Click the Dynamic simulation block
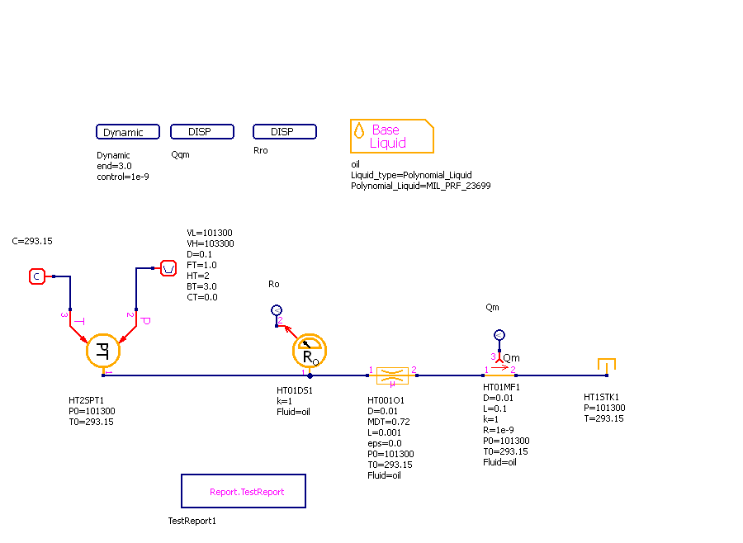pos(123,132)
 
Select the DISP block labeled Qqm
pos(202,132)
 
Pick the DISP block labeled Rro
pos(285,132)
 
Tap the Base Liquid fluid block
pos(391,136)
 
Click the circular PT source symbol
pos(103,351)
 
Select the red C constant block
pos(36,276)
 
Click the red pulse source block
pos(168,268)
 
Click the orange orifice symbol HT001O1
pos(392,375)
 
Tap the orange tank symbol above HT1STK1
pos(607,366)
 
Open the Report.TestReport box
pos(244,491)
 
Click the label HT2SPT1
pos(86,400)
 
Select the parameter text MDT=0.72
pos(389,422)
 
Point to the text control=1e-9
pos(123,177)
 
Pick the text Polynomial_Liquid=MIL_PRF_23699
pos(421,186)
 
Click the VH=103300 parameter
pos(211,243)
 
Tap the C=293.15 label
pos(32,241)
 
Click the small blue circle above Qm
pos(499,334)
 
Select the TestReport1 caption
pos(192,521)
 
